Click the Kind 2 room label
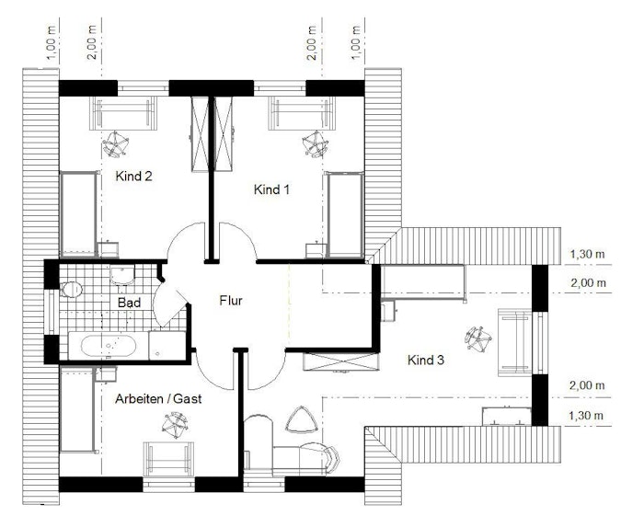[134, 176]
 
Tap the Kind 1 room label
[271, 189]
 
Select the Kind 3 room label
[426, 360]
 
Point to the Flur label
[231, 301]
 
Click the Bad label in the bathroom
[129, 303]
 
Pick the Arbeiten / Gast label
[158, 398]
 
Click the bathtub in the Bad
[109, 346]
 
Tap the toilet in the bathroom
[72, 290]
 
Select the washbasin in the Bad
[122, 274]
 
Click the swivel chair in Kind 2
[115, 144]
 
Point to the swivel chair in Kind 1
[315, 144]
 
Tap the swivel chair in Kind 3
[478, 339]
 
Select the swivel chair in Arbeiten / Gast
[175, 426]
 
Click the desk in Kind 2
[123, 113]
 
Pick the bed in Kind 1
[345, 214]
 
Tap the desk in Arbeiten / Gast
[168, 459]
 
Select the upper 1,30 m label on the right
[587, 254]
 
